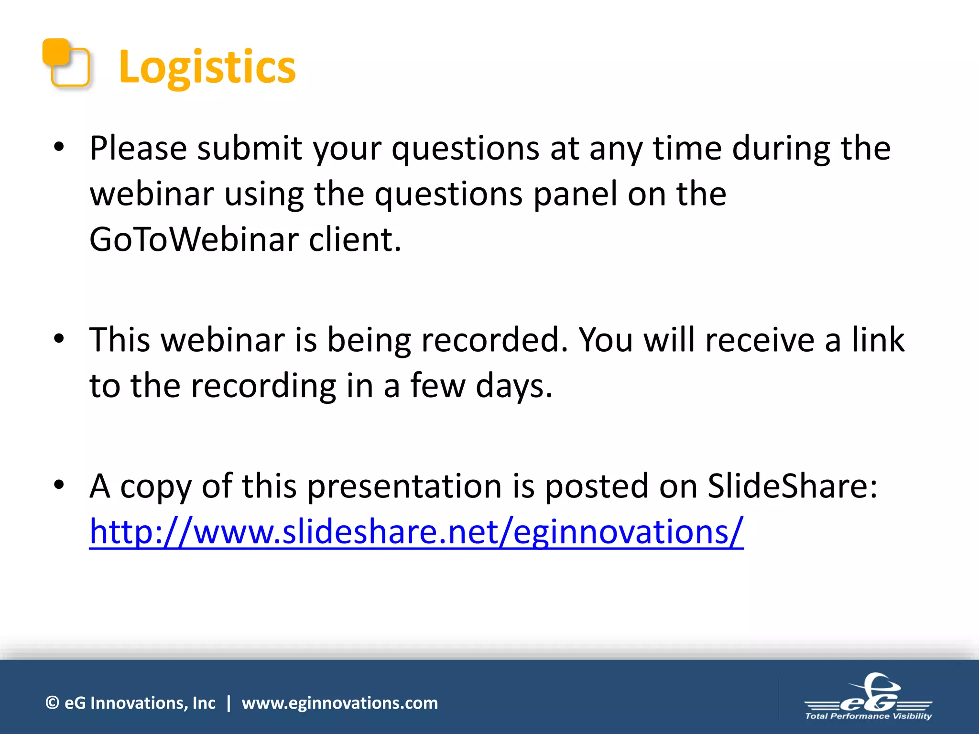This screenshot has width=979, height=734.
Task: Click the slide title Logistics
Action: (207, 67)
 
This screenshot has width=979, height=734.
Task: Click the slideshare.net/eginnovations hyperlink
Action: (416, 531)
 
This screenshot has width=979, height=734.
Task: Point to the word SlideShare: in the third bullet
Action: (792, 486)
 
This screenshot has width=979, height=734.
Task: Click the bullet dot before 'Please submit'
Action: (59, 148)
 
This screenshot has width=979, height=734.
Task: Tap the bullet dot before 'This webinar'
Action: (59, 339)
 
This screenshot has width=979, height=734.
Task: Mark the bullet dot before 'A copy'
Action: (59, 486)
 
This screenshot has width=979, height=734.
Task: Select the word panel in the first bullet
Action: (575, 194)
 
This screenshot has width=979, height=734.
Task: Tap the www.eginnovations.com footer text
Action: (339, 703)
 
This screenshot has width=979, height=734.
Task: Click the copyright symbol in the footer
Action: (52, 703)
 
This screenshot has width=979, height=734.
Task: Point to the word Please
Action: (138, 148)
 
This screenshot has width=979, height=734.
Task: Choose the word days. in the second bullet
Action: (514, 386)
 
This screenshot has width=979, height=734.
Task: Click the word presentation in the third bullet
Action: (404, 486)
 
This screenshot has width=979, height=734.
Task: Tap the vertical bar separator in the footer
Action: (228, 703)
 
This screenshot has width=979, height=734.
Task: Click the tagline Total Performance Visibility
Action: (868, 716)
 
